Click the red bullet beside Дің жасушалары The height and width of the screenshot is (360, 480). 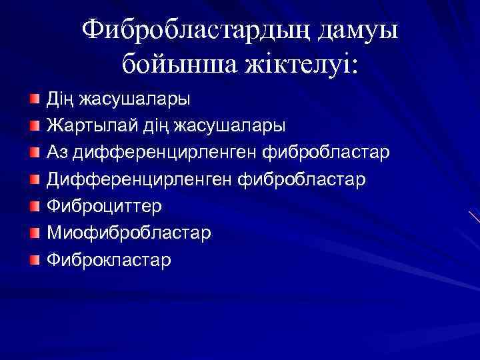click(35, 99)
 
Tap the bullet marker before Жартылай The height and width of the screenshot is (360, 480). click(35, 126)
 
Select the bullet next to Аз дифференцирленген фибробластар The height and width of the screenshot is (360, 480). click(35, 153)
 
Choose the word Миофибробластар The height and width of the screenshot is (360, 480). click(129, 233)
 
